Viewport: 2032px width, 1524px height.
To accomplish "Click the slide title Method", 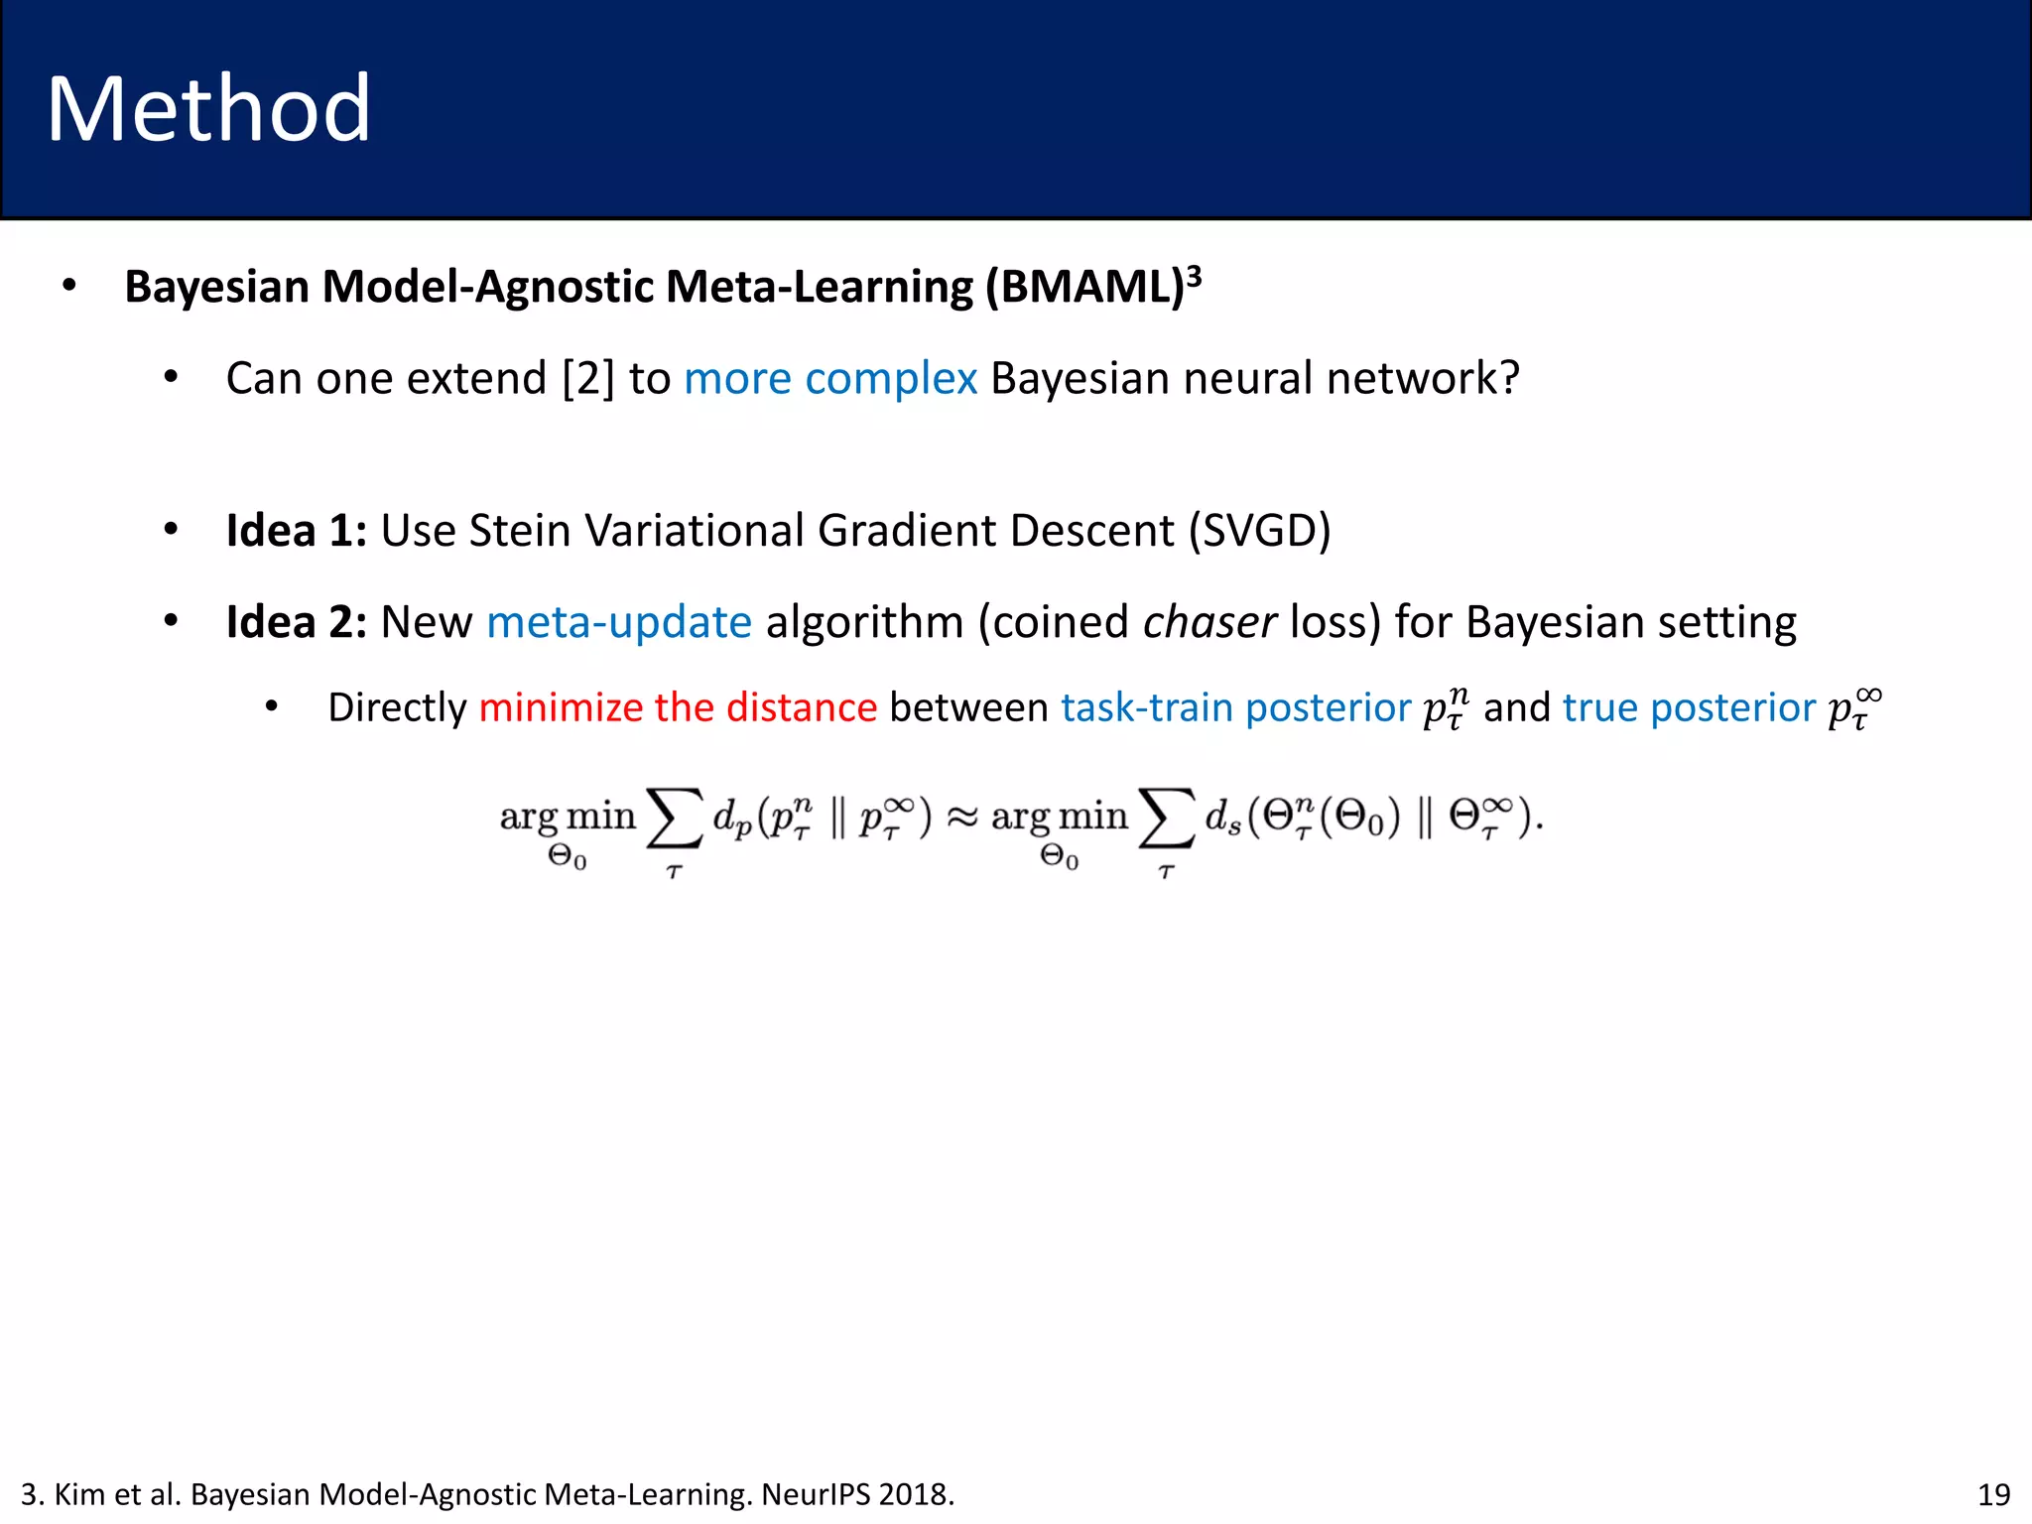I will (x=208, y=109).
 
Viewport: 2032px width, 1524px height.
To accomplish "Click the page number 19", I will (x=1993, y=1494).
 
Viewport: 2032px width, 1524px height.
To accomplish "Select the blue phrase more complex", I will (x=830, y=379).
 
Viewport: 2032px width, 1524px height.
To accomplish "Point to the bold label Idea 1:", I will (x=296, y=531).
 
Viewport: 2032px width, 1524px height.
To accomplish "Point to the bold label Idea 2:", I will (x=296, y=623).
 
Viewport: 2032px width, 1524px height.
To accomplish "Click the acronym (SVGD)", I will (x=1260, y=531).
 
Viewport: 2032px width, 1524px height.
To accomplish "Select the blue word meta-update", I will (x=619, y=623).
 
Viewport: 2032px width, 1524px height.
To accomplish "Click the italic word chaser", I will (x=1209, y=623).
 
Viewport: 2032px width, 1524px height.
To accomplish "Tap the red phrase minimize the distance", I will (x=678, y=708).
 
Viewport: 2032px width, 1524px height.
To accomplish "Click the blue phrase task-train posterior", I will (x=1235, y=708).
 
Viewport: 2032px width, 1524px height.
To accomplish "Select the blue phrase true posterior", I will (x=1689, y=708).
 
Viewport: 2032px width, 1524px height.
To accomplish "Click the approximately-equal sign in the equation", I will (x=961, y=818).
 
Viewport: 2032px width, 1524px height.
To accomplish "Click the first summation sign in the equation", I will (x=675, y=820).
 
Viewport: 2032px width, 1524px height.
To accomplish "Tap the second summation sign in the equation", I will (x=1166, y=820).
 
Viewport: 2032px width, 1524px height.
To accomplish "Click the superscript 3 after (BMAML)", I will (x=1195, y=275).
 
